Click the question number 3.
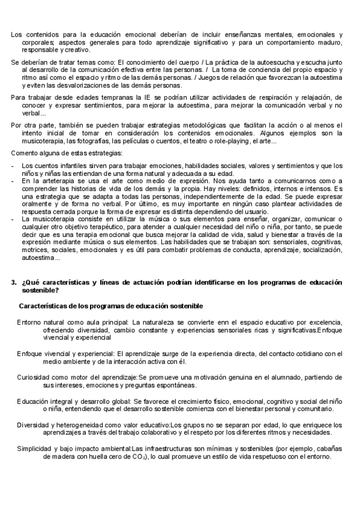click(13, 282)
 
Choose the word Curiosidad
click(34, 376)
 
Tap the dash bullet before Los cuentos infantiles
click(13, 165)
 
